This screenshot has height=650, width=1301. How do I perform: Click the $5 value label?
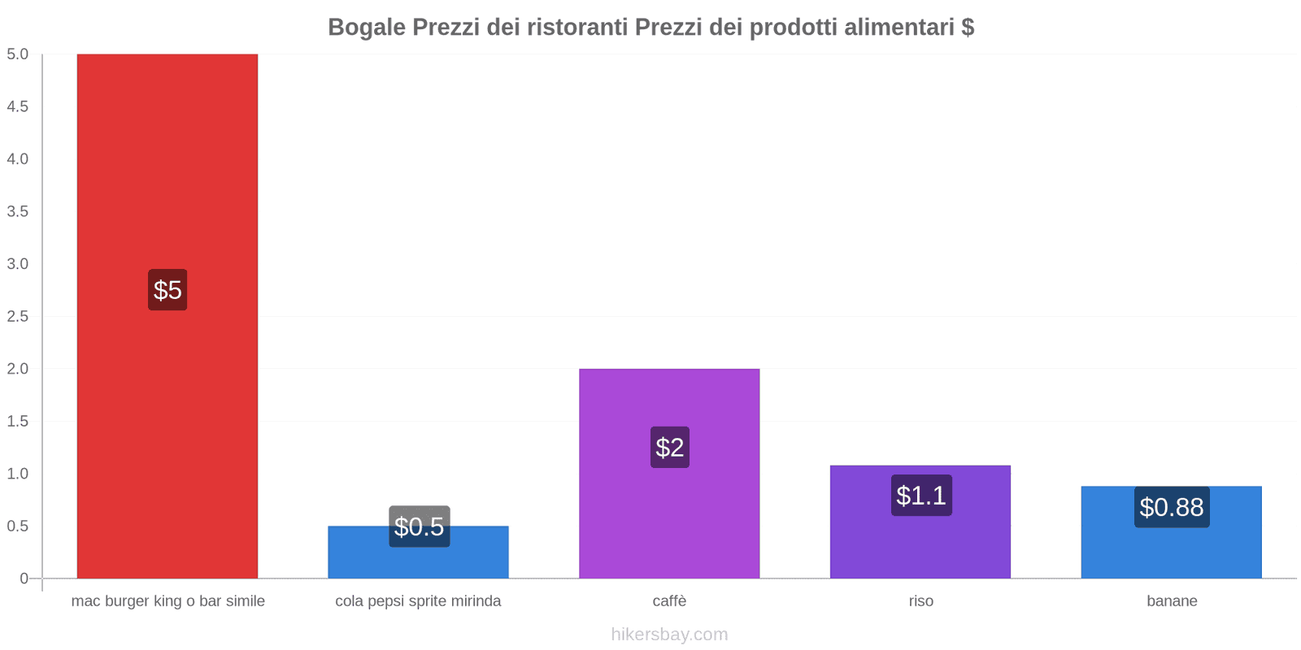point(168,290)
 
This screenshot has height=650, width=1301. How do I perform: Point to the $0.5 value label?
point(419,526)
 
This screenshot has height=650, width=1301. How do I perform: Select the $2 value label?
point(669,447)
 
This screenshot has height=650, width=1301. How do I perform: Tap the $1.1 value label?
point(920,496)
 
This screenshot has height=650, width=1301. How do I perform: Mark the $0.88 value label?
point(1171,507)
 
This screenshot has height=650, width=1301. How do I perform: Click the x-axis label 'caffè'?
point(669,601)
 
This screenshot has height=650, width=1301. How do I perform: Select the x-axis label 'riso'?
point(920,601)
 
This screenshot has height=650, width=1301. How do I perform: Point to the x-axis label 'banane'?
point(1172,601)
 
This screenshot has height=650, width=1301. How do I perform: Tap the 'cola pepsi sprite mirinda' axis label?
point(418,601)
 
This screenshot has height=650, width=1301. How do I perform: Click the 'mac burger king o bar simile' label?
point(168,601)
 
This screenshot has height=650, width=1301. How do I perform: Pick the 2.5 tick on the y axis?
point(18,316)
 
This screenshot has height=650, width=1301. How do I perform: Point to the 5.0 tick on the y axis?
point(18,54)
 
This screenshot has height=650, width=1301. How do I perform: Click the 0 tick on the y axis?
point(24,578)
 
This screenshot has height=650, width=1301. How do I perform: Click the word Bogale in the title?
point(367,27)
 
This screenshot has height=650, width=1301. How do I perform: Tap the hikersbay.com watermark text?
point(669,635)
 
